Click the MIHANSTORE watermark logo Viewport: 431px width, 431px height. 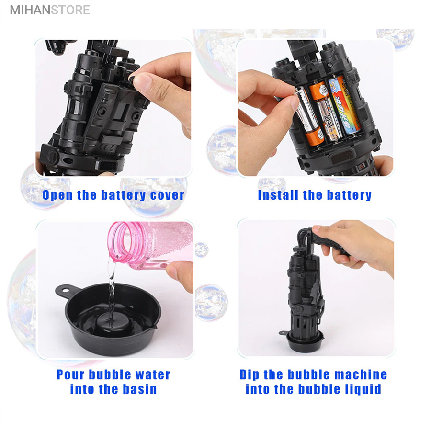(x=50, y=10)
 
